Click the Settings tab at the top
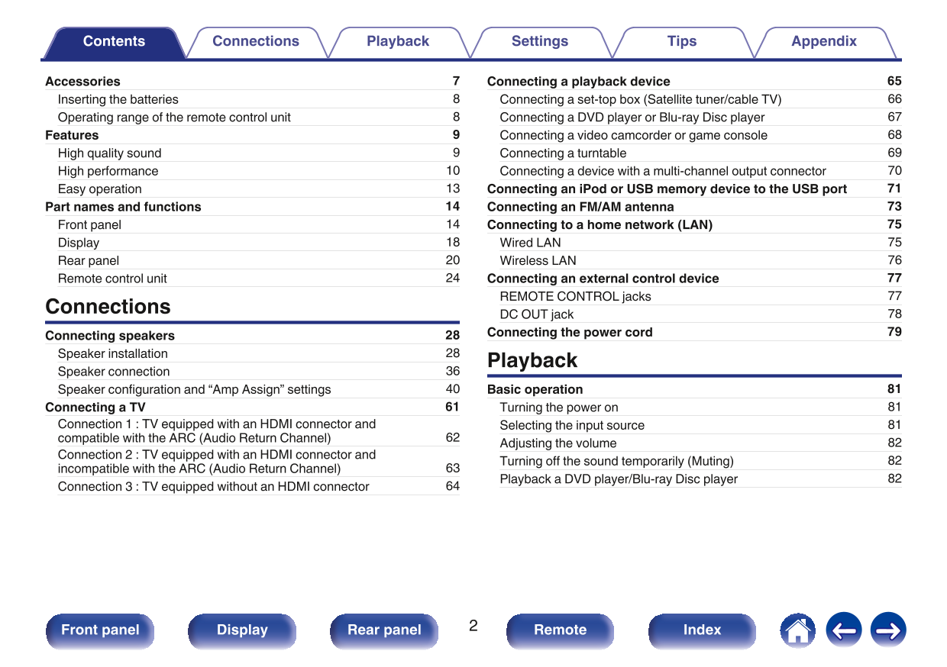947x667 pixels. point(539,42)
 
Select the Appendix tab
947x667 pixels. point(823,42)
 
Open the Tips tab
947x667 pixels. point(681,42)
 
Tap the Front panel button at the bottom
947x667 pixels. point(100,630)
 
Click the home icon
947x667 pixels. point(797,630)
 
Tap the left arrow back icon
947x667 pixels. point(843,630)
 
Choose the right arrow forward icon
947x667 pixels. point(888,630)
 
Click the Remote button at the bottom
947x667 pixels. point(560,630)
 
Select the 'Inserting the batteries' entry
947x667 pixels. point(118,99)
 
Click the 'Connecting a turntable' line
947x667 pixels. point(563,153)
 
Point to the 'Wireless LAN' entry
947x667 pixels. point(538,260)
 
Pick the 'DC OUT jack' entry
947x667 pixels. point(536,314)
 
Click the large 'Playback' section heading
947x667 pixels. point(532,360)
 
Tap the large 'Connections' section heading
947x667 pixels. point(108,307)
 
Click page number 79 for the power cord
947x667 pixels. point(894,332)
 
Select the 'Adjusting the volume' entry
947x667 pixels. point(558,443)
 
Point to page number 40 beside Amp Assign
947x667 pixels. point(453,389)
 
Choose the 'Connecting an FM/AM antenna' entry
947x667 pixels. point(580,207)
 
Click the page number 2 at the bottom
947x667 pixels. point(473,627)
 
